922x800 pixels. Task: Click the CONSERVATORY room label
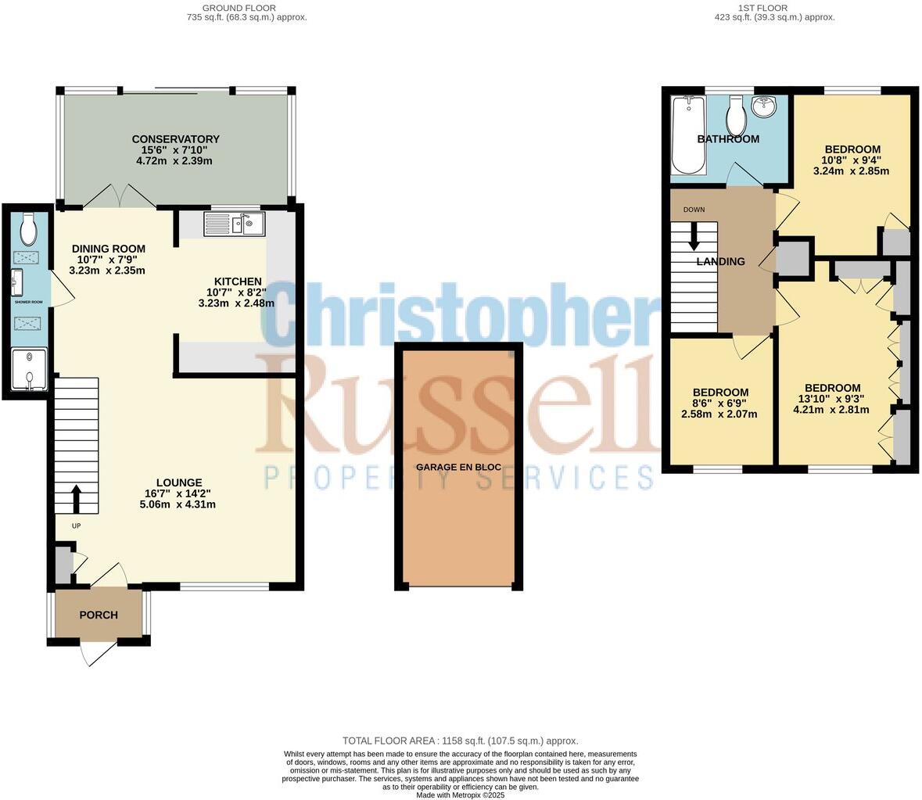pyautogui.click(x=175, y=139)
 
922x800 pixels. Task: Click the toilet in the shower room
pyautogui.click(x=29, y=228)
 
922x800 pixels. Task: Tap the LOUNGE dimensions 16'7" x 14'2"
pyautogui.click(x=178, y=493)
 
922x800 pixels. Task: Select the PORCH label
pyautogui.click(x=99, y=615)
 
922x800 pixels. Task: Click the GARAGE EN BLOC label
pyautogui.click(x=458, y=467)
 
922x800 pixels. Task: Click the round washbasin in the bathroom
pyautogui.click(x=763, y=106)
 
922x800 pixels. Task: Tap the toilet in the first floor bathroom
pyautogui.click(x=735, y=117)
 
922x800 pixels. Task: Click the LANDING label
pyautogui.click(x=720, y=262)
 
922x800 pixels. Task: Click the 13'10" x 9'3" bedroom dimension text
pyautogui.click(x=832, y=398)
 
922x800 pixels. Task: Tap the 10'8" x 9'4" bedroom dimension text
pyautogui.click(x=852, y=160)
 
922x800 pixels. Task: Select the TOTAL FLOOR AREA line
pyautogui.click(x=460, y=741)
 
